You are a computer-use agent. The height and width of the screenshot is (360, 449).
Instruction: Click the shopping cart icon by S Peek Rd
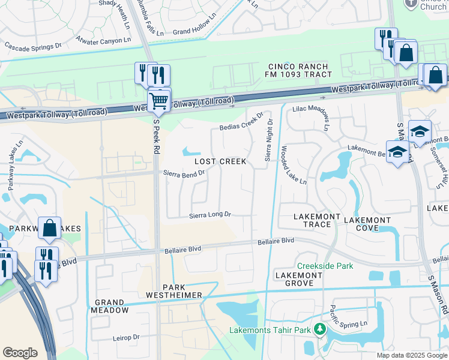click(x=158, y=100)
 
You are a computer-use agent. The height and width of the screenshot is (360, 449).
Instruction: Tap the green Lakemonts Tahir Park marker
click(x=320, y=329)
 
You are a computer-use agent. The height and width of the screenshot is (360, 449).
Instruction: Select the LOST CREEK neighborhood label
click(x=220, y=162)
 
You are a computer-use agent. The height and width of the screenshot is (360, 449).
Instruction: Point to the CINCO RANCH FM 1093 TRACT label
click(x=298, y=70)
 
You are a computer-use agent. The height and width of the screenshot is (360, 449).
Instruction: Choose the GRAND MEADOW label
click(x=110, y=306)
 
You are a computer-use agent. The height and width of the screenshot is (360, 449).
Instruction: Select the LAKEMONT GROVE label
click(x=298, y=279)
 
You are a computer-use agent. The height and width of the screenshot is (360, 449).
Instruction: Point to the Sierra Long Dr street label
click(x=210, y=215)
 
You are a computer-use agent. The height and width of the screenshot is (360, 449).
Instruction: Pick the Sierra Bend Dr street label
click(x=184, y=172)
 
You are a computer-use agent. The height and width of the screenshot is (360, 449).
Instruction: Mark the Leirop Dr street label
click(x=126, y=338)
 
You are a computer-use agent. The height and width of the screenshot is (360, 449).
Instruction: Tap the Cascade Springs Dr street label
click(x=33, y=45)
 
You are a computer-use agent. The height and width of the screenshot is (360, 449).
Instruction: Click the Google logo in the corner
click(x=20, y=353)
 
